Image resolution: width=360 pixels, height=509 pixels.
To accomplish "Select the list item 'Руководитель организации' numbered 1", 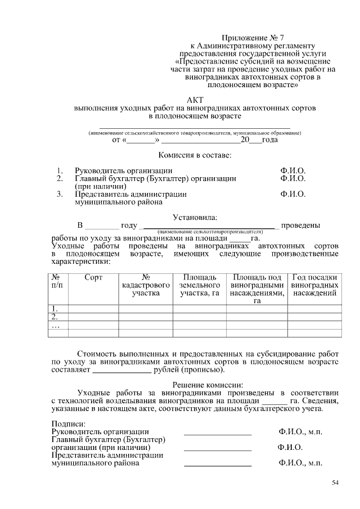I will pyautogui.click(x=124, y=170).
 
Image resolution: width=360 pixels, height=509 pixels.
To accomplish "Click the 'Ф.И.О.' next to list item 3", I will pyautogui.click(x=292, y=194).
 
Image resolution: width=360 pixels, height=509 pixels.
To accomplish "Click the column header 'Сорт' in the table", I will pyautogui.click(x=93, y=277).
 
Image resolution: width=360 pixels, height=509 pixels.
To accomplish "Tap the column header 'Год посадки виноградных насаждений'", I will pyautogui.click(x=315, y=285).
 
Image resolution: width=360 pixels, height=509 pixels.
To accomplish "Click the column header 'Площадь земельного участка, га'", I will pyautogui.click(x=199, y=285).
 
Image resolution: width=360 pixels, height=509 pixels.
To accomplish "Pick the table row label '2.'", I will pyautogui.click(x=55, y=317).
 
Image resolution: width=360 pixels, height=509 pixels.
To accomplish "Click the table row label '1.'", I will pyautogui.click(x=55, y=309).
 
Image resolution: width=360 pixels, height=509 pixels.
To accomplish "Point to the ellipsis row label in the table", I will pyautogui.click(x=55, y=325).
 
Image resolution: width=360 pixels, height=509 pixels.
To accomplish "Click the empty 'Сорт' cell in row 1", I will pyautogui.click(x=93, y=309).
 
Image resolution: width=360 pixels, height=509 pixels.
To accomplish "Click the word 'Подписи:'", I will pyautogui.click(x=68, y=423).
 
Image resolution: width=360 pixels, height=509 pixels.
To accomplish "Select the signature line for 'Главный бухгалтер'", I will pyautogui.click(x=218, y=448).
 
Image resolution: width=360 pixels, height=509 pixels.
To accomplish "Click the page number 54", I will pyautogui.click(x=335, y=483).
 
